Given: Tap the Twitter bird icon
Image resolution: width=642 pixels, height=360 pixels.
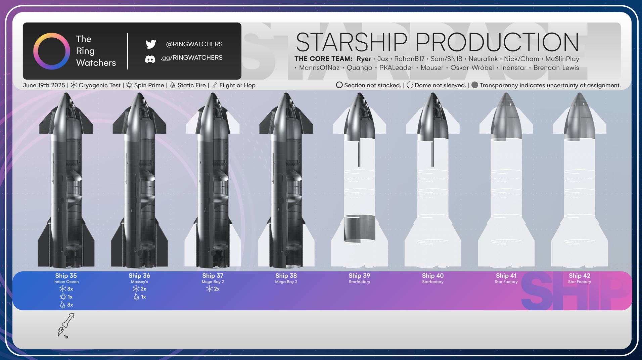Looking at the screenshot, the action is pyautogui.click(x=151, y=44).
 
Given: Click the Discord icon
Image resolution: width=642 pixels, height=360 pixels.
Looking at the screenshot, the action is pyautogui.click(x=150, y=59).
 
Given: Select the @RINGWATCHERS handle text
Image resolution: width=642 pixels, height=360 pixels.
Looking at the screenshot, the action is pyautogui.click(x=194, y=44).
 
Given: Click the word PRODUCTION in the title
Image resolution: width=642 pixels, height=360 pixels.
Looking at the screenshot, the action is pyautogui.click(x=497, y=42).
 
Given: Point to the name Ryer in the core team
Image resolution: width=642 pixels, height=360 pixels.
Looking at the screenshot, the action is pyautogui.click(x=364, y=59).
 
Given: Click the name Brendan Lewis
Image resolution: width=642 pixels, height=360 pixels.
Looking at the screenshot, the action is pyautogui.click(x=556, y=67).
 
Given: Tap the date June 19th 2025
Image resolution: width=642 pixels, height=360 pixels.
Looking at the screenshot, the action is pyautogui.click(x=44, y=85).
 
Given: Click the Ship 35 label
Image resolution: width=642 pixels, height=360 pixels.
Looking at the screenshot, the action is pyautogui.click(x=66, y=276).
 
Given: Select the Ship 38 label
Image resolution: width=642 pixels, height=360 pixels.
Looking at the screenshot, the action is pyautogui.click(x=286, y=276).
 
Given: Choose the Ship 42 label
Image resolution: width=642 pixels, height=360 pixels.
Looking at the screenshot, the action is pyautogui.click(x=580, y=276).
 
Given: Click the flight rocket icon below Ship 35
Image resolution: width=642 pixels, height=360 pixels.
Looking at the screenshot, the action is pyautogui.click(x=66, y=324).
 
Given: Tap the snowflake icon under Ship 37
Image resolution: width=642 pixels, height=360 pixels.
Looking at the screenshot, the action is pyautogui.click(x=209, y=289).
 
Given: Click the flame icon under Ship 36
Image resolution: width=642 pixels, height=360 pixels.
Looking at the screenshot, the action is pyautogui.click(x=136, y=297).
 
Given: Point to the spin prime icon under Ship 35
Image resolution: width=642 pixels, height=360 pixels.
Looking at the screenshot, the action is pyautogui.click(x=63, y=297).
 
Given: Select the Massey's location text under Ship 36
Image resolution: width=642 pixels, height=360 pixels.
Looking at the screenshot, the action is pyautogui.click(x=139, y=282).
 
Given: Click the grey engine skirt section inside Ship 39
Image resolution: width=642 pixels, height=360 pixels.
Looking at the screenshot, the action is pyautogui.click(x=359, y=228).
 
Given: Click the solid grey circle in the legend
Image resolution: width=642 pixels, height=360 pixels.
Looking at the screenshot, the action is pyautogui.click(x=475, y=85).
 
